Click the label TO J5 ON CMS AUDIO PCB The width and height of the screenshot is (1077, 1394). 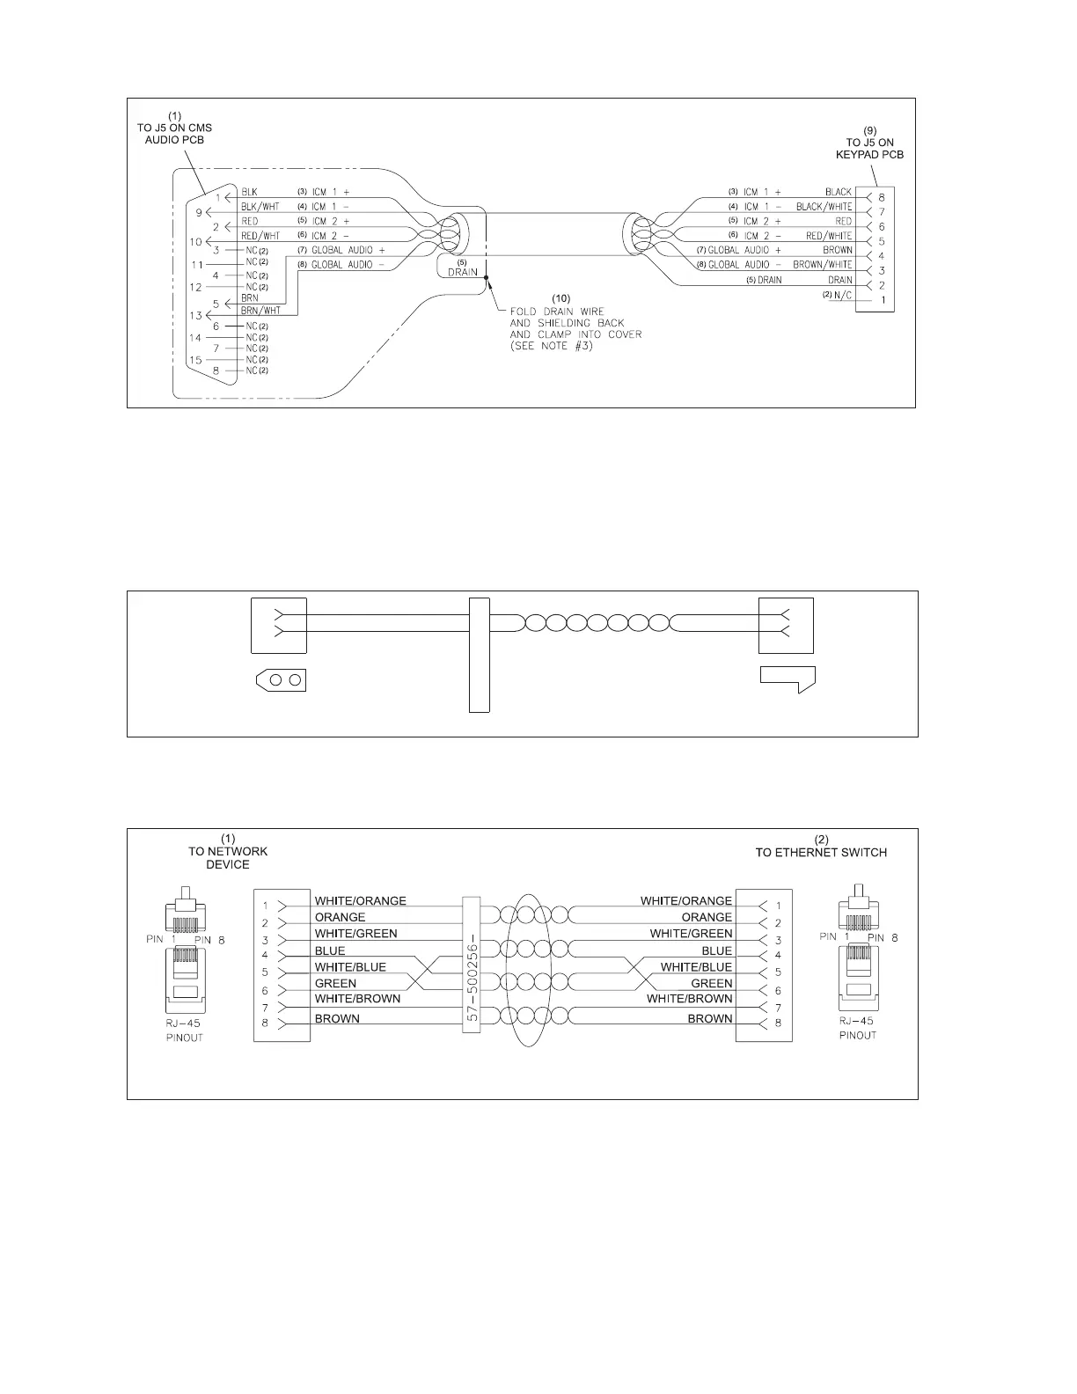click(174, 128)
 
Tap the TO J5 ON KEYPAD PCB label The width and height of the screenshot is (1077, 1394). click(869, 143)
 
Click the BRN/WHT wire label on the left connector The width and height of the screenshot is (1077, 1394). click(260, 310)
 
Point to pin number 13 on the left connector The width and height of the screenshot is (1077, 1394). click(195, 315)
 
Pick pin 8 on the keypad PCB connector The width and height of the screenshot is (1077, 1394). click(882, 197)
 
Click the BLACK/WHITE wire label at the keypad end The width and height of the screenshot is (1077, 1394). click(824, 207)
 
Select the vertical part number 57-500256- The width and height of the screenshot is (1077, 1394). click(471, 964)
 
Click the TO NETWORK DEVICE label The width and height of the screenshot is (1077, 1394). click(228, 852)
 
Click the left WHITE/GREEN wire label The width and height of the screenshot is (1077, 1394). click(355, 934)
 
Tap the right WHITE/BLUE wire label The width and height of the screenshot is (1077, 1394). click(696, 967)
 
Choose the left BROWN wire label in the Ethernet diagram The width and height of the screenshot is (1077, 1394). click(337, 1019)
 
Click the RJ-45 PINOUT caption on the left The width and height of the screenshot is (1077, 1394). click(185, 1031)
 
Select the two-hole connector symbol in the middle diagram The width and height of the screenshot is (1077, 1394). click(281, 680)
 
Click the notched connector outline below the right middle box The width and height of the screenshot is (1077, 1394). click(788, 679)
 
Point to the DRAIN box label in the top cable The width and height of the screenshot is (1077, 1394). click(463, 269)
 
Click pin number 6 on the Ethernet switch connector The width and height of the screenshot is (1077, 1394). click(778, 991)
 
